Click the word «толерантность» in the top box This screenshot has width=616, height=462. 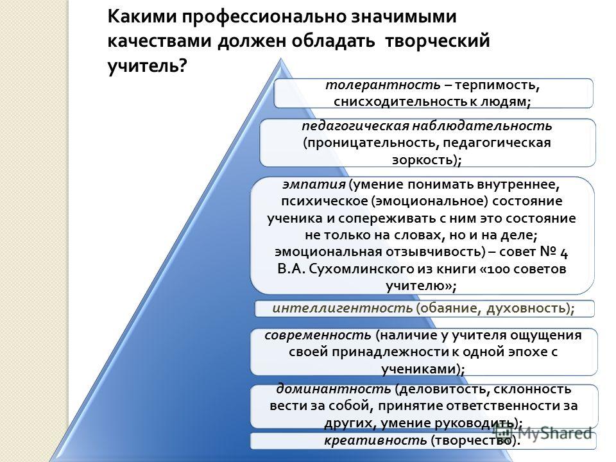pos(382,85)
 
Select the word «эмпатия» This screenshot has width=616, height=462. pos(314,184)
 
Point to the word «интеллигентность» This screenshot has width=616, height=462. pos(342,308)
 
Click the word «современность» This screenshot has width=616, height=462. pos(318,335)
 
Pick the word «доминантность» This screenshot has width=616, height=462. pos(334,389)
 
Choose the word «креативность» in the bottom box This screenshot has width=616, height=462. pos(375,440)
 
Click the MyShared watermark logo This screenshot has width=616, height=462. pos(543,433)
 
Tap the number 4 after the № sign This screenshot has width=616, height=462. pos(563,253)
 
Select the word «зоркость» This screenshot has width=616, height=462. pos(424,160)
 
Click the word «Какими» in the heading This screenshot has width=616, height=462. pos(141,17)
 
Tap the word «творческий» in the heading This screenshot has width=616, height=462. pos(437,41)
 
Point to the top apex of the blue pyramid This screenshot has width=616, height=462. pos(281,58)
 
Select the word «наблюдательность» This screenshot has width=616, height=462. pos(482,126)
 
